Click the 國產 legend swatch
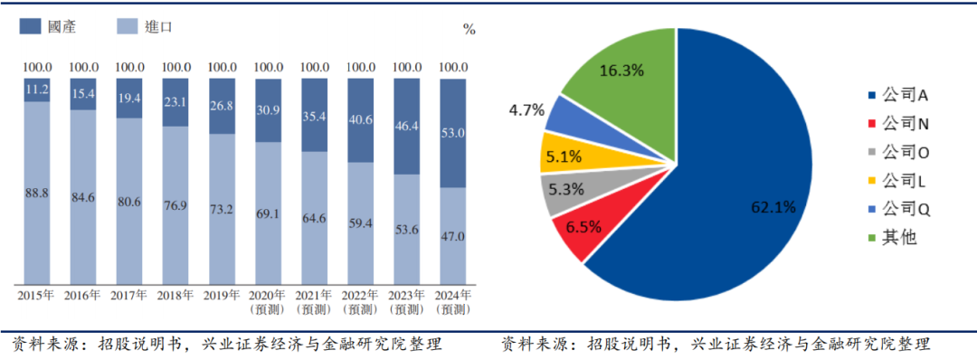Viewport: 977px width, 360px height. coord(32,27)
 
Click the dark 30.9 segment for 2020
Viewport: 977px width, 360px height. coord(269,110)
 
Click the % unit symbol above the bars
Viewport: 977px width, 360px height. coord(469,29)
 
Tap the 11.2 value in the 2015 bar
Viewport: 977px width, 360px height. coord(37,89)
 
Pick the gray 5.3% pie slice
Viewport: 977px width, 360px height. coord(567,192)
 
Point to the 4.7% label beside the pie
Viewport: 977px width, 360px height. coord(526,110)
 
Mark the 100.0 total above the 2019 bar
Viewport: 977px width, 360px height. coord(223,67)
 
